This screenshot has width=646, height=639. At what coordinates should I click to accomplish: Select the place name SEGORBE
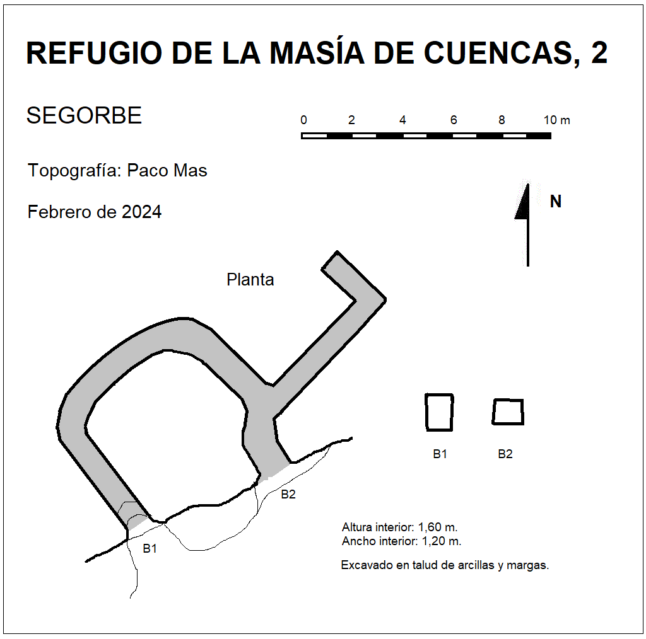tap(84, 115)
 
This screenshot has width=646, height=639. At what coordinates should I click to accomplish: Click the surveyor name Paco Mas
tap(167, 170)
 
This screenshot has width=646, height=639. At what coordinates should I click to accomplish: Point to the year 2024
tap(142, 212)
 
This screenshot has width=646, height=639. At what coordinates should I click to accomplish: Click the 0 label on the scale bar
tap(303, 120)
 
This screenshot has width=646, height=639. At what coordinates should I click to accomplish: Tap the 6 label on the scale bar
tap(454, 120)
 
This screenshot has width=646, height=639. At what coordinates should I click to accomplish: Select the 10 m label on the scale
tap(556, 120)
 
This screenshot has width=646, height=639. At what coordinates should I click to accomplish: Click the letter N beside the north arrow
tap(556, 201)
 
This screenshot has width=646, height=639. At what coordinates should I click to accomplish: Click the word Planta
tap(250, 280)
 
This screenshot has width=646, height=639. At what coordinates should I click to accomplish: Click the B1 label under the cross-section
tap(440, 454)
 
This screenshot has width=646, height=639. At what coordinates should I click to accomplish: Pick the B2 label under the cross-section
tap(505, 454)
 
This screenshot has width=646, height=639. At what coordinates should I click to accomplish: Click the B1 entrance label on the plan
tap(150, 548)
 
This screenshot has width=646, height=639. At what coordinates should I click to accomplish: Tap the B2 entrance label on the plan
tap(288, 494)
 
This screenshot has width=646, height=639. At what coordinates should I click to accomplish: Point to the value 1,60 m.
tap(438, 527)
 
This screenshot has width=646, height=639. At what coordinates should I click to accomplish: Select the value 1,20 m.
tap(441, 541)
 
